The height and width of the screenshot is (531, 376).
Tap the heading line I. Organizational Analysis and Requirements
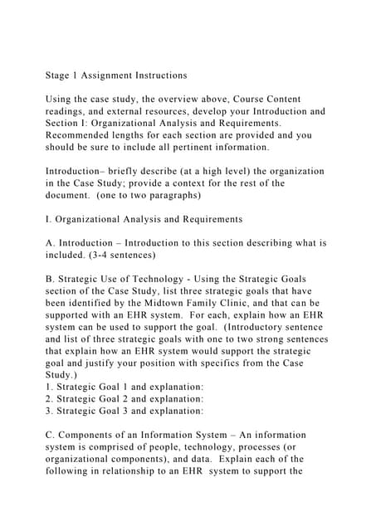[x=143, y=219]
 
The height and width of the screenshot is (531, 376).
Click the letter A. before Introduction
[x=50, y=243]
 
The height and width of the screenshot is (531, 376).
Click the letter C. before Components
[x=50, y=435]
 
